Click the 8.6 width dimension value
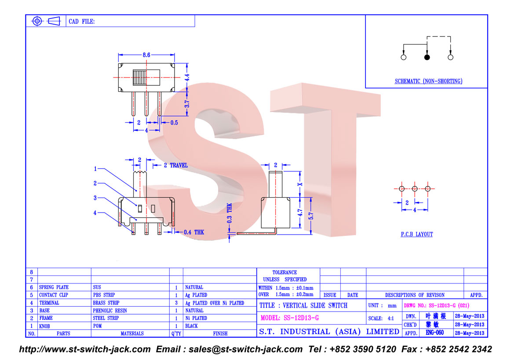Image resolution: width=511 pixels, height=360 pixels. tap(146, 55)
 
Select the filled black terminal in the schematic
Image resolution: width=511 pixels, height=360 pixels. tap(427, 57)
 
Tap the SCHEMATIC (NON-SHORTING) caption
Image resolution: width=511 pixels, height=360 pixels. tap(428, 81)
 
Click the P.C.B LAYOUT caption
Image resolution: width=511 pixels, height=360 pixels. tap(417, 234)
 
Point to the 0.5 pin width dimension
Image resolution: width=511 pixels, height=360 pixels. tap(174, 123)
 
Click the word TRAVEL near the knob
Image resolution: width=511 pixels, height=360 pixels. tap(179, 165)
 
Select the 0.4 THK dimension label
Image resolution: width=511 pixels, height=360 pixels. tap(193, 232)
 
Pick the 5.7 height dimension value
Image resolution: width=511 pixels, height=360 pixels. tap(311, 216)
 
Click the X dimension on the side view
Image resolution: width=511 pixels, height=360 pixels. tap(300, 184)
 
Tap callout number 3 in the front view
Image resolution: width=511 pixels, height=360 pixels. tap(95, 198)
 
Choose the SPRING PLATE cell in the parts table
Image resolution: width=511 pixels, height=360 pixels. tap(54, 287)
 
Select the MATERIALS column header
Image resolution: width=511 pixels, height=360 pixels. tap(132, 333)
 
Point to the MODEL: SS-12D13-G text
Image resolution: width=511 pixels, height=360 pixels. tap(290, 318)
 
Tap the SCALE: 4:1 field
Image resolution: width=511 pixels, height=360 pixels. tap(381, 318)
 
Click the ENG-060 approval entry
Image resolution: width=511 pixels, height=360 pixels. tap(435, 333)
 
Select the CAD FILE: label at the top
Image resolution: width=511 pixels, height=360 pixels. tap(81, 22)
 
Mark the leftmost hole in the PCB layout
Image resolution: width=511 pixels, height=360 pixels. tap(402, 189)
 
